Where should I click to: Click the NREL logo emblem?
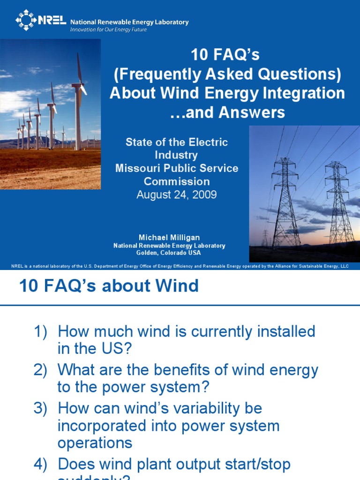coord(26,20)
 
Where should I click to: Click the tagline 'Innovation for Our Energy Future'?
coord(108,30)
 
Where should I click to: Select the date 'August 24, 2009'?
coord(177,195)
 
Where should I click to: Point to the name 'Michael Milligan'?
coord(169,238)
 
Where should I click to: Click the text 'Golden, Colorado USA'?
coord(169,253)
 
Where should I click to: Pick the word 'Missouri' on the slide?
coord(136,168)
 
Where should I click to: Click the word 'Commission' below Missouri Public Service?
coord(177,181)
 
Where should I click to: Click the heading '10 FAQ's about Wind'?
coord(109,286)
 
